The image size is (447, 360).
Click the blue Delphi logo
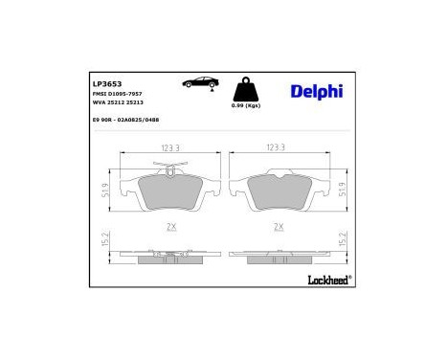[x=314, y=92]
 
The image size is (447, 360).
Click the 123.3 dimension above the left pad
[x=171, y=148]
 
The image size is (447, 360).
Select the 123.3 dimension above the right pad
[x=278, y=148]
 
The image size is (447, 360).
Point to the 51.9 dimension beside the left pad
[x=102, y=191]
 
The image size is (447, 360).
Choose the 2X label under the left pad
[x=171, y=227]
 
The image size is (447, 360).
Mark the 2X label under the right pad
[x=278, y=227]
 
